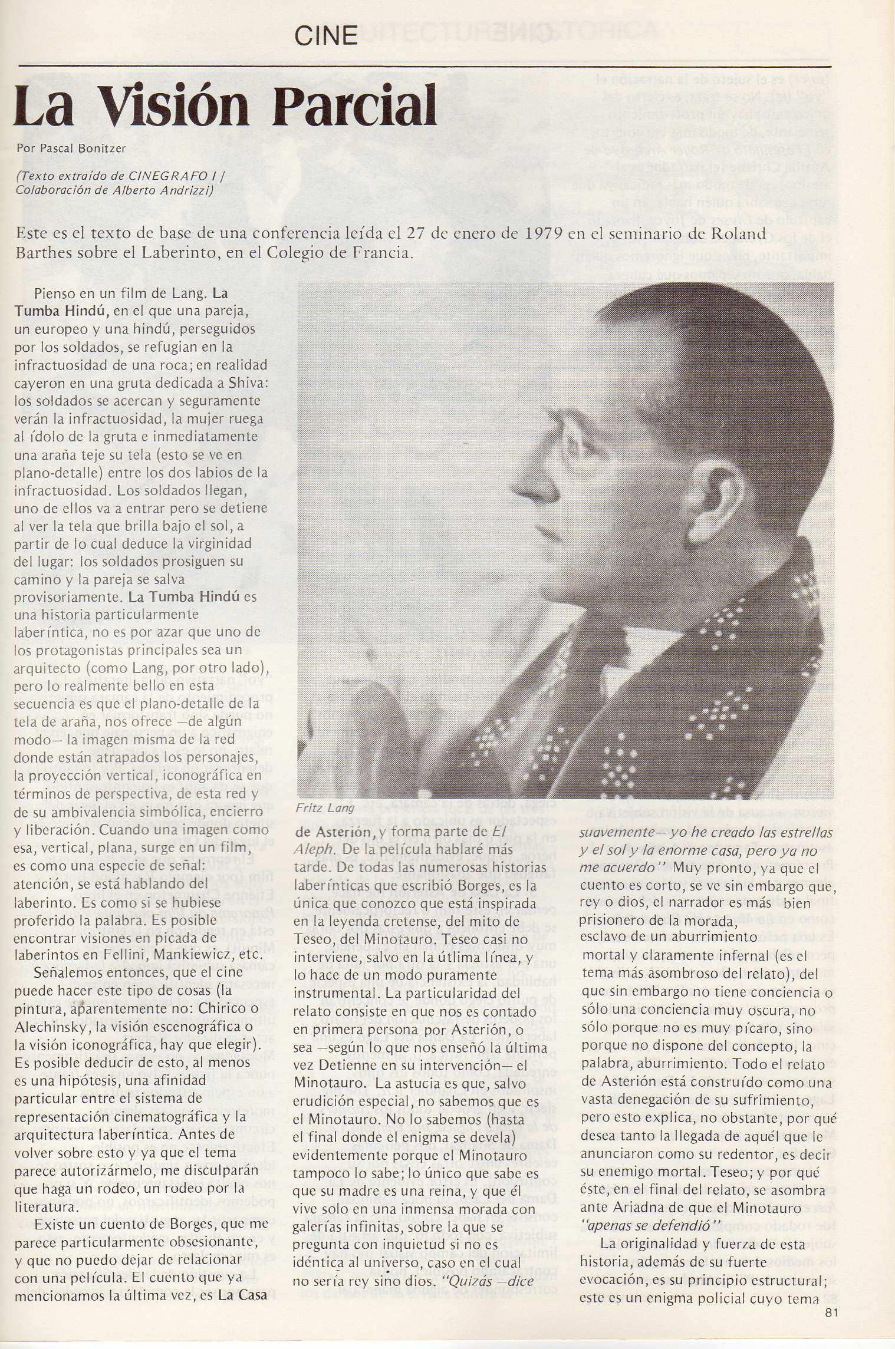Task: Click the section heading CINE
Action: pyautogui.click(x=326, y=37)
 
